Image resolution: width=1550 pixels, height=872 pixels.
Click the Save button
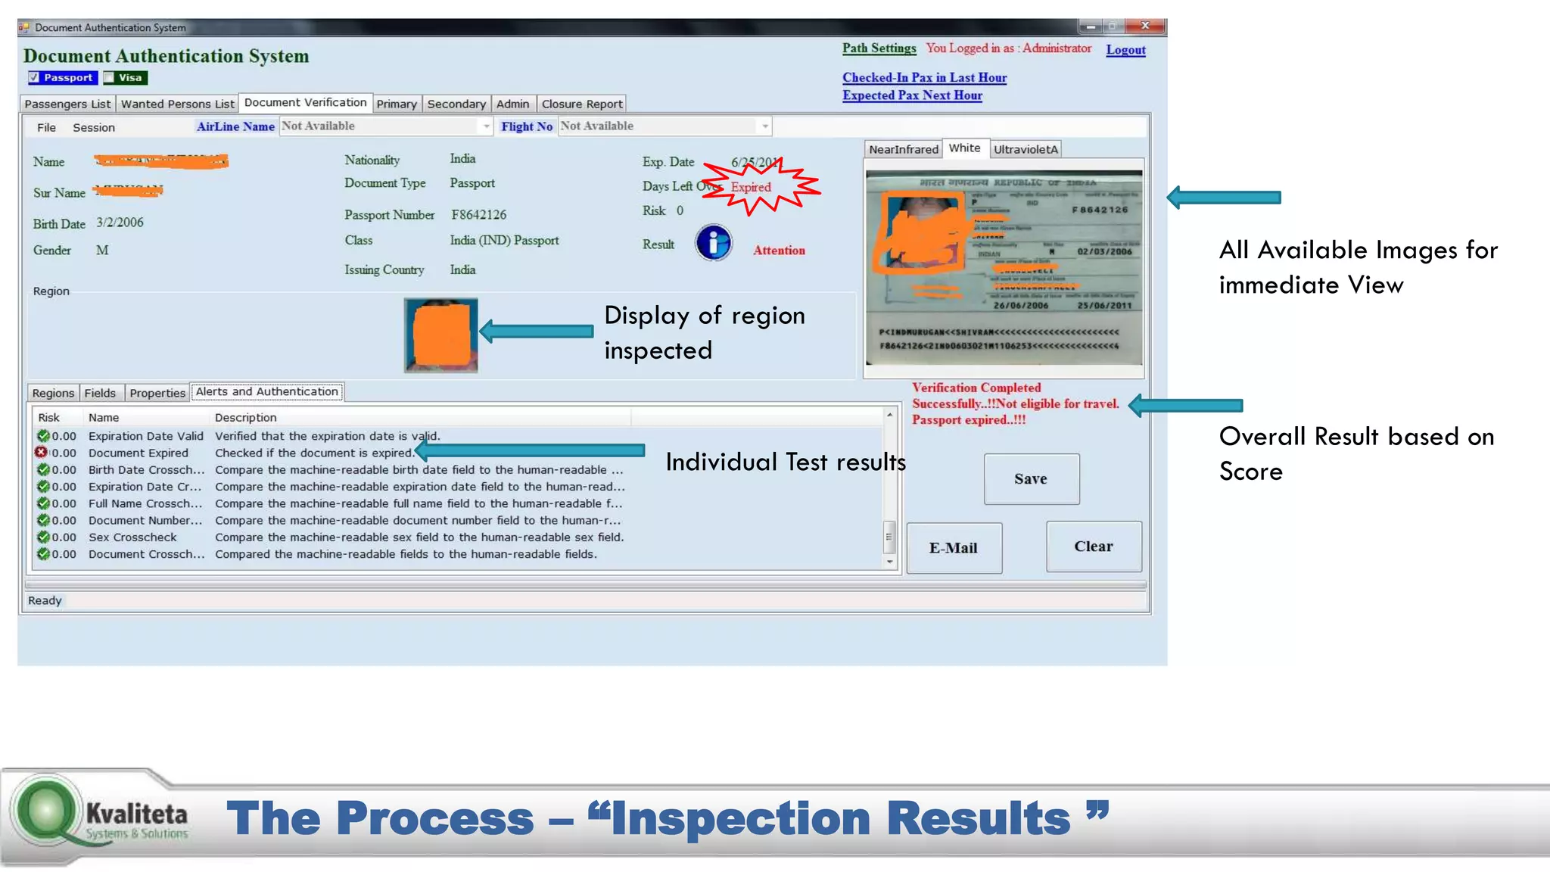coord(1031,479)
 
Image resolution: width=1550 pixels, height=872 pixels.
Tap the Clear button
coord(1093,547)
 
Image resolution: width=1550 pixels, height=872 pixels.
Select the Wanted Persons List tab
coord(178,104)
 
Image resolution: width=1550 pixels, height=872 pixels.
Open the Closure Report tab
coord(581,104)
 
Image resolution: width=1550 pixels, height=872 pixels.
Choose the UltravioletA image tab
coord(1026,150)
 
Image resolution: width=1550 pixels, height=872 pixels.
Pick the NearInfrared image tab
coord(903,150)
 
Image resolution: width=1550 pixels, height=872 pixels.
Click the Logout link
coord(1125,50)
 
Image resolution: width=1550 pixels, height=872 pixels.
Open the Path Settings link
coord(879,48)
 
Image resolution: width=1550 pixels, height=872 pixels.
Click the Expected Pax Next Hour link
coord(912,95)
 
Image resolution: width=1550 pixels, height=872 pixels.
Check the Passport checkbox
coord(34,78)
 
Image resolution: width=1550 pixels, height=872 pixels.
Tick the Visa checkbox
coord(109,78)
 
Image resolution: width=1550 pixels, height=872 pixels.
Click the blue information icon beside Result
coord(714,243)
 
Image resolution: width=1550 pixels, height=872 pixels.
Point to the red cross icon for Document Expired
coord(42,453)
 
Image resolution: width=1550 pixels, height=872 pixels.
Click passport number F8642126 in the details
coord(478,215)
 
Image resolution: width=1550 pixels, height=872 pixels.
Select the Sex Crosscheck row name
coord(132,537)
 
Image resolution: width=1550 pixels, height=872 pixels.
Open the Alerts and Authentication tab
coord(266,392)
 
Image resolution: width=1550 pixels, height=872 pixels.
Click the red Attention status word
coord(779,251)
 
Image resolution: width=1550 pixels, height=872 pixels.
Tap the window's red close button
coord(1145,26)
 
